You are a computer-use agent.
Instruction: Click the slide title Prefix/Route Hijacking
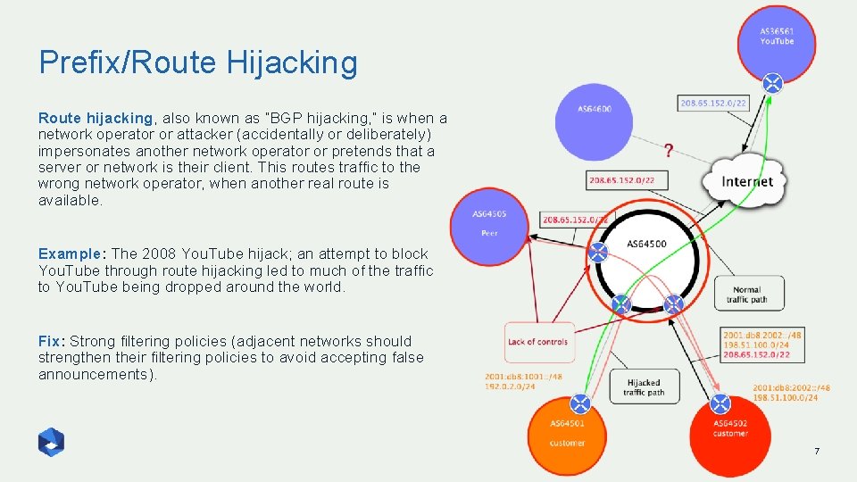point(197,62)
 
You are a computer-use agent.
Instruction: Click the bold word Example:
point(73,254)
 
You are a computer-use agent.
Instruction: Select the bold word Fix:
point(52,341)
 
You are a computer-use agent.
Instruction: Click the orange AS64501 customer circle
point(567,436)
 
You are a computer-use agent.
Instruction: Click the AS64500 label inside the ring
point(646,245)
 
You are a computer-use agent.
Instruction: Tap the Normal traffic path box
point(748,294)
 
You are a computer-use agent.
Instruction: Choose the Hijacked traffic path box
point(643,386)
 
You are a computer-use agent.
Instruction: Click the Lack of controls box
point(537,342)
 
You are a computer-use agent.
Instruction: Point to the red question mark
point(669,150)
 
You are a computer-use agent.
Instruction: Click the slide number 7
point(816,452)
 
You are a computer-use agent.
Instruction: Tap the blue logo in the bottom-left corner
point(51,442)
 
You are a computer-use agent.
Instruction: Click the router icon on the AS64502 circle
point(721,404)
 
